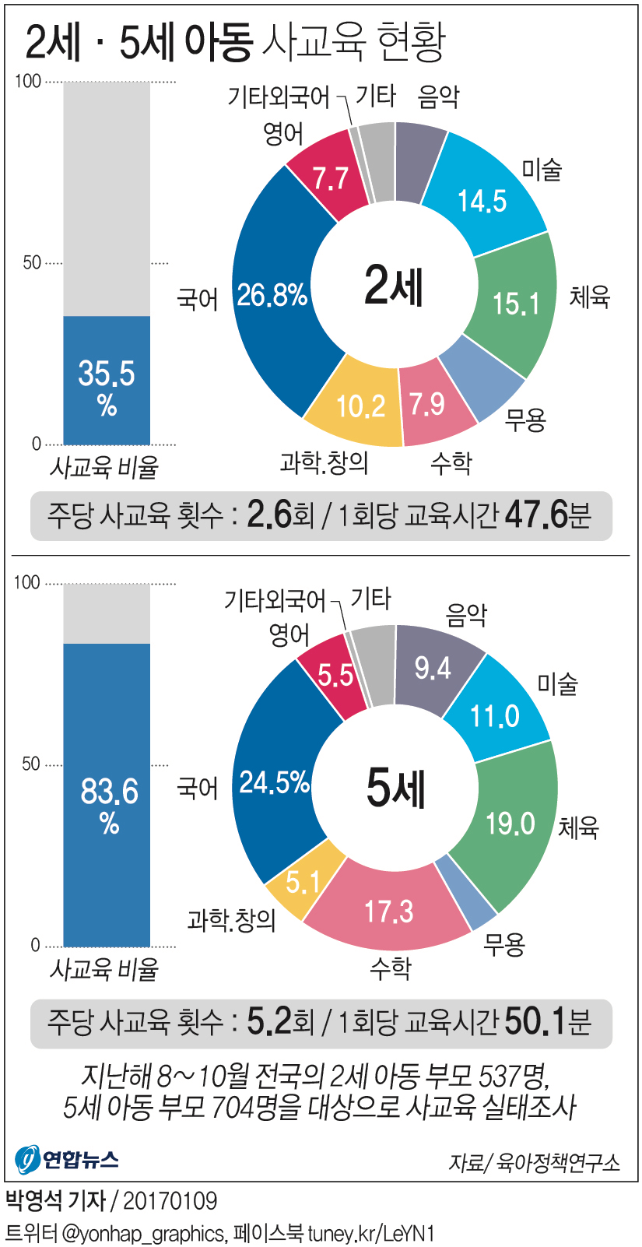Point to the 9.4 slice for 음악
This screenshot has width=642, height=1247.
[433, 668]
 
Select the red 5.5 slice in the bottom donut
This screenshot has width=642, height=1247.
[335, 675]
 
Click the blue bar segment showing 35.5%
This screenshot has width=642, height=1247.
[107, 381]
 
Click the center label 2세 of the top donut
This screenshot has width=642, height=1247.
[395, 285]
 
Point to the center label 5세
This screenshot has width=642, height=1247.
[395, 787]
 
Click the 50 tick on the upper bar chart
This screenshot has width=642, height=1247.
[32, 262]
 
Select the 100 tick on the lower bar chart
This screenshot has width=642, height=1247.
[27, 582]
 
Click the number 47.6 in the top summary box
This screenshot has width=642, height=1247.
[536, 515]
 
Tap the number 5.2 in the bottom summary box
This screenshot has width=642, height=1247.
[268, 1020]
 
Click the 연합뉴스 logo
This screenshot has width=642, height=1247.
[67, 1159]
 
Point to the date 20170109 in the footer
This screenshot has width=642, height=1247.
[170, 1200]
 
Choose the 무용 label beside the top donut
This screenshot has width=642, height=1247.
[525, 420]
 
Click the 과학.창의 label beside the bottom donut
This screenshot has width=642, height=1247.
[232, 921]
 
